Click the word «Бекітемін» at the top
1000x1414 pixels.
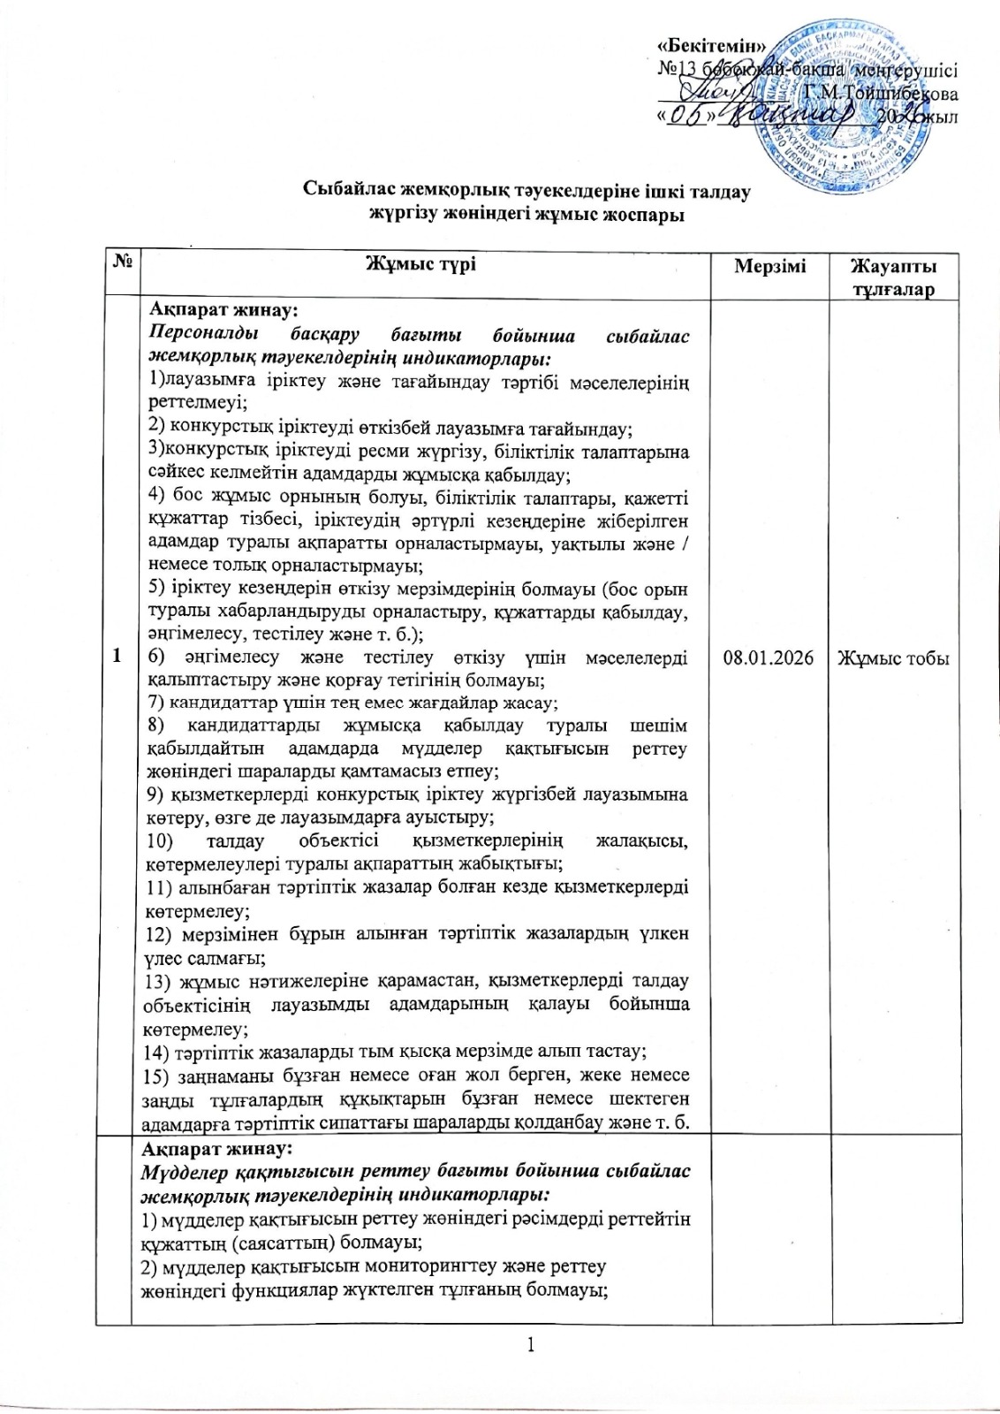(713, 46)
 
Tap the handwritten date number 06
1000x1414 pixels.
(691, 118)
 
